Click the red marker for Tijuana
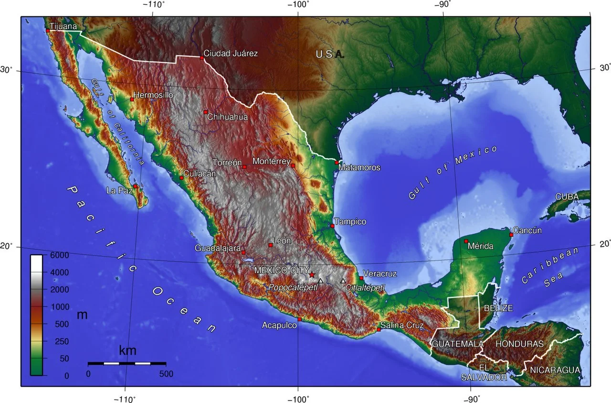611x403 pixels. [48, 31]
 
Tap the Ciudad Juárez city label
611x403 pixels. [231, 54]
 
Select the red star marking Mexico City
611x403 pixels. [312, 274]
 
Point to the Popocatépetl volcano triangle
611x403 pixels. [321, 281]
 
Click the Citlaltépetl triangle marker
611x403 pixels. [343, 281]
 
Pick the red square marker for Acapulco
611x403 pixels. [299, 319]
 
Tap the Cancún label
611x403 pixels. [528, 230]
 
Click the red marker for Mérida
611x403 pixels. [466, 241]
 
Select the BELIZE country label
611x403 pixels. [498, 308]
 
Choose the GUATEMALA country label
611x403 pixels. [457, 344]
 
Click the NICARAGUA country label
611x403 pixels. [555, 370]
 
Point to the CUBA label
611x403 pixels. [567, 197]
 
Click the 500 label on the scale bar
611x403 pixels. [166, 374]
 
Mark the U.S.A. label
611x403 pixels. [330, 54]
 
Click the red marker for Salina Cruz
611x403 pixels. [379, 329]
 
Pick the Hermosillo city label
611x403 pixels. [153, 95]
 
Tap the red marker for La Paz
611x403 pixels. [136, 186]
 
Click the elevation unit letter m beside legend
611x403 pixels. [82, 315]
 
